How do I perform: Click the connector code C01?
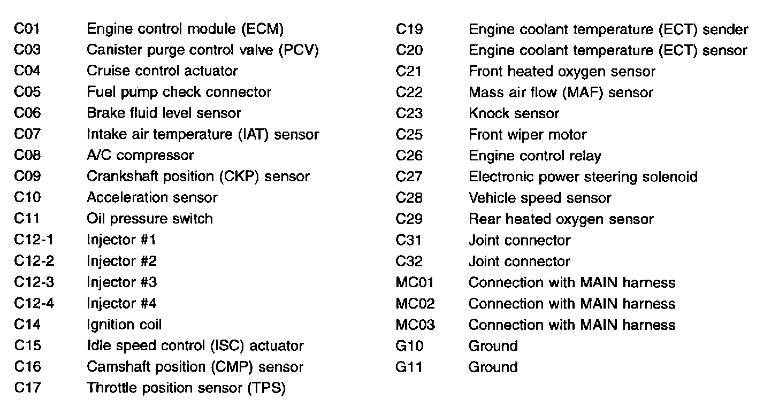tap(27, 29)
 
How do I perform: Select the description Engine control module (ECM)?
tap(185, 29)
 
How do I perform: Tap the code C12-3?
tap(34, 282)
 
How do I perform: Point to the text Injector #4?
tap(121, 304)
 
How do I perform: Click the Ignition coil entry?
tap(124, 325)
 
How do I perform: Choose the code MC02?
tap(415, 304)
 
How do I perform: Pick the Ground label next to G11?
tap(493, 367)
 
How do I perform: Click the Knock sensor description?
tap(514, 113)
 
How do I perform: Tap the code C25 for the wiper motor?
tap(409, 135)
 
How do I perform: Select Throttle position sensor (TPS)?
tap(186, 388)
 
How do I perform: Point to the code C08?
tap(27, 156)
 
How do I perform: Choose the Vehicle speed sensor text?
tap(539, 198)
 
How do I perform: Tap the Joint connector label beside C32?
tap(519, 261)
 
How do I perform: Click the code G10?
tap(409, 346)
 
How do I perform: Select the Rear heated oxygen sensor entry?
tap(561, 219)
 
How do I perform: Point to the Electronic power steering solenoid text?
tap(583, 177)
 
